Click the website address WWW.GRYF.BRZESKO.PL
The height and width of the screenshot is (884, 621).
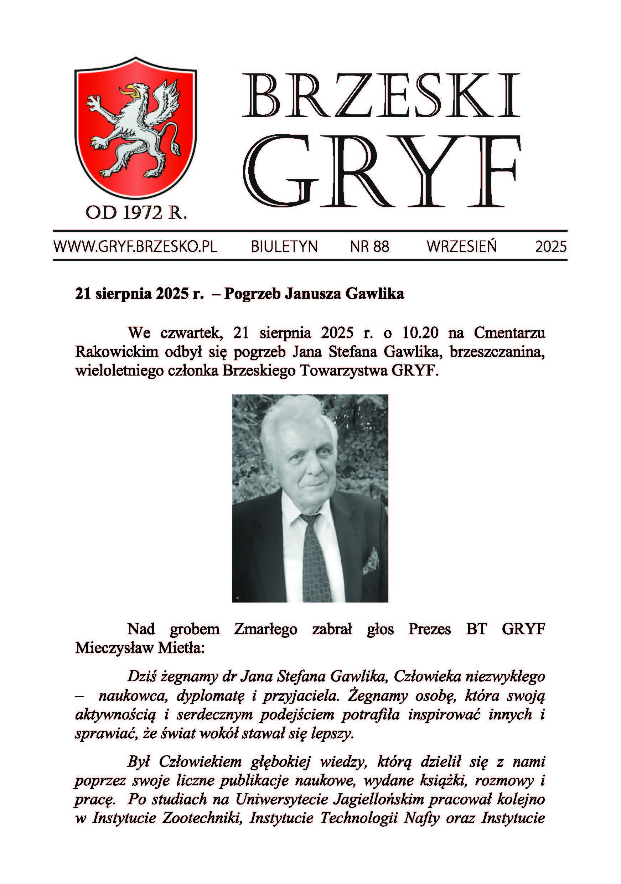coord(135,247)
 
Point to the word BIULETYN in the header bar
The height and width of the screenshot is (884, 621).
coord(284,247)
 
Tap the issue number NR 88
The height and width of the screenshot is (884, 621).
coord(369,247)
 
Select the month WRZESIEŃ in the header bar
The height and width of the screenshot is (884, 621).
coord(462,247)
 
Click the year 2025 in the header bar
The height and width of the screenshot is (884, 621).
coord(551,247)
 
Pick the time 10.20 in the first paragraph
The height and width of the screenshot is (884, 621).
coord(420,333)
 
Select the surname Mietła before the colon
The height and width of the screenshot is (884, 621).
coord(181,648)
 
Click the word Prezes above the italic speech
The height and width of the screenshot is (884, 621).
coord(430,629)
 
